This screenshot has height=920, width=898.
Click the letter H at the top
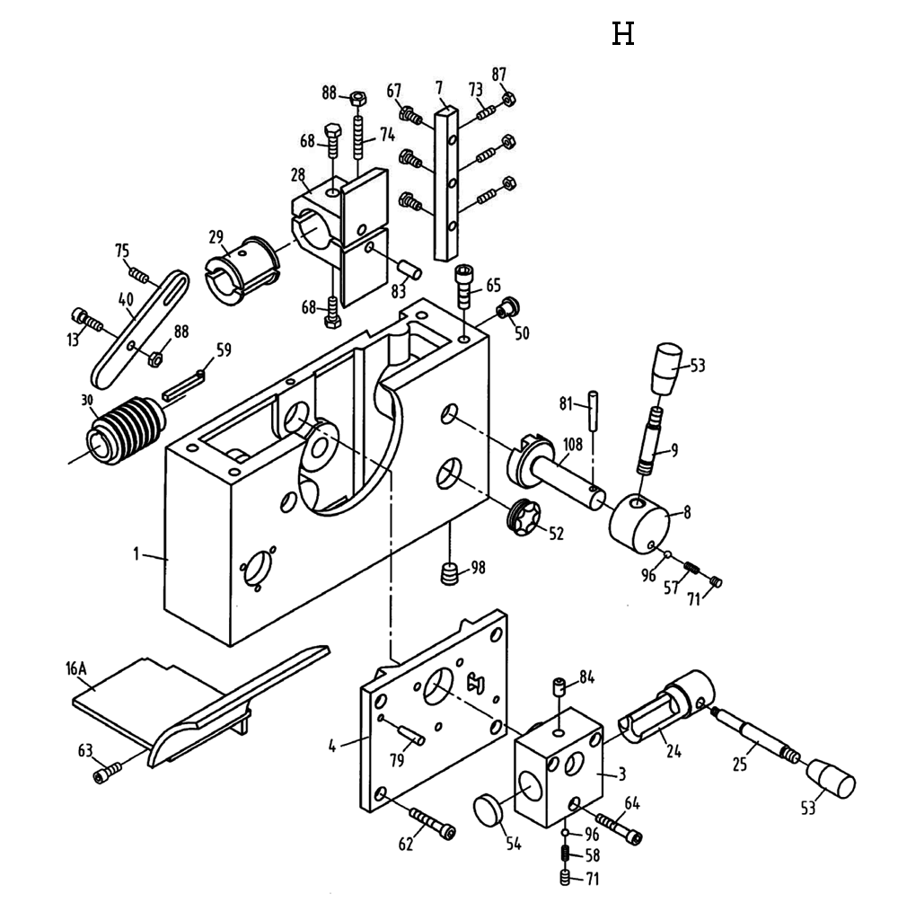pyautogui.click(x=623, y=35)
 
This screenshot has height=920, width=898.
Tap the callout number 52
pyautogui.click(x=556, y=534)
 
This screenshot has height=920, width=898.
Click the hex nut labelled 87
pyautogui.click(x=507, y=98)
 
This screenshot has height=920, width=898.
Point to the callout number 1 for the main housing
pyautogui.click(x=137, y=554)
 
